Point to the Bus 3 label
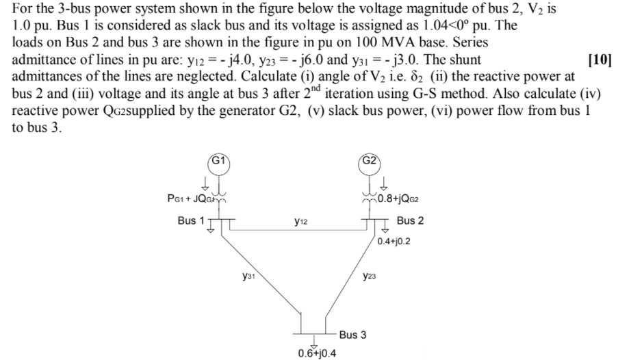tap(352, 335)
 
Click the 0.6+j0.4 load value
tap(317, 353)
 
